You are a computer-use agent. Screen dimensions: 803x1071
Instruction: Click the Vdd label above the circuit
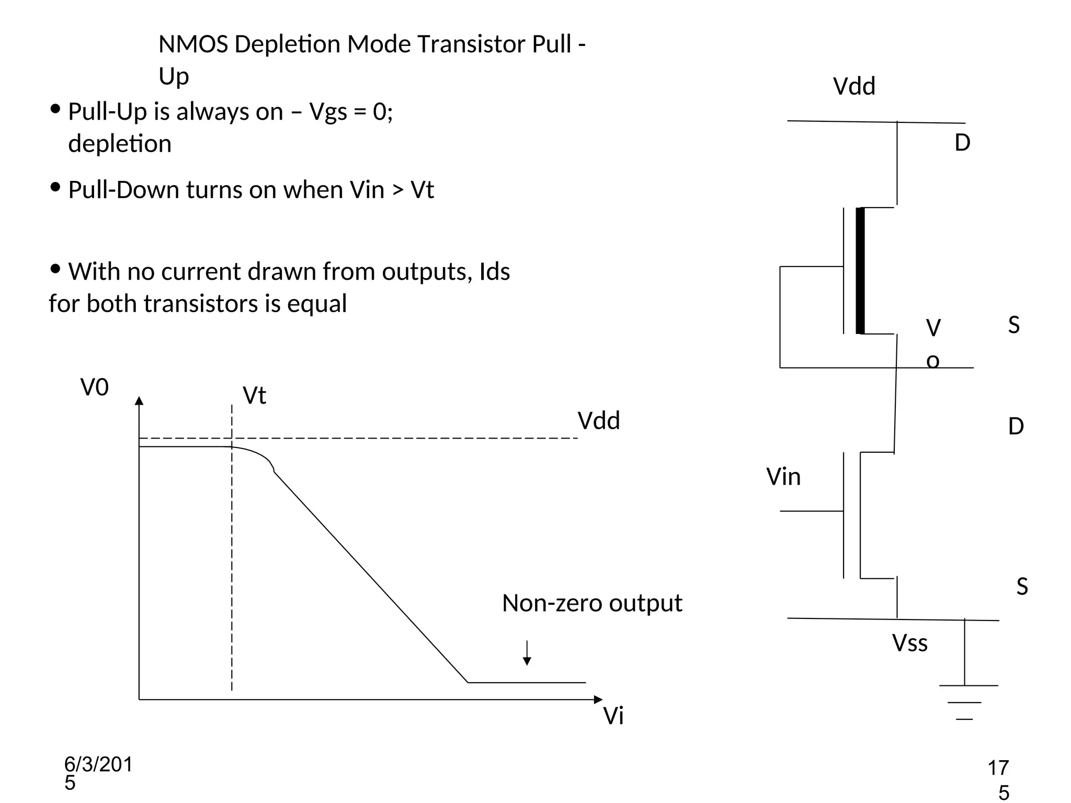click(x=853, y=86)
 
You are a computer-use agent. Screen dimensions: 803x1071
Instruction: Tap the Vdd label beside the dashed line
click(x=598, y=421)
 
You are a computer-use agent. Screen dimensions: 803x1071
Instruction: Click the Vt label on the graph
click(x=254, y=396)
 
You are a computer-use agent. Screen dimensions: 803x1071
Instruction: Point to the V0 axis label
click(x=95, y=388)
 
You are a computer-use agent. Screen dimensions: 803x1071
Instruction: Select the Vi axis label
click(x=613, y=716)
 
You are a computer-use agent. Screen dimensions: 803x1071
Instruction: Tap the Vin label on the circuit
click(x=783, y=477)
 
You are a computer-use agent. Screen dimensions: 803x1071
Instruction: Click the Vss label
click(x=909, y=643)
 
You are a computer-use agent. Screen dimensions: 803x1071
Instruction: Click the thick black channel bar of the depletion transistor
click(x=860, y=270)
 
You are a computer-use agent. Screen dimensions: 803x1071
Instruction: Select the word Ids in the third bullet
click(x=494, y=272)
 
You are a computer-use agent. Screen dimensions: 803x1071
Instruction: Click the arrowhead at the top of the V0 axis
click(x=139, y=401)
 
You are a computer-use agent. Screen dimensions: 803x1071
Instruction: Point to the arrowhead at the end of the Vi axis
click(x=598, y=699)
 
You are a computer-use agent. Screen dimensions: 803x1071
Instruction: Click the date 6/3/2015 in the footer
click(x=98, y=773)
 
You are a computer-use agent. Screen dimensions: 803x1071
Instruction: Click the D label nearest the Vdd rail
click(x=962, y=143)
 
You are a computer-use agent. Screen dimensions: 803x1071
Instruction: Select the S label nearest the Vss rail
click(x=1022, y=587)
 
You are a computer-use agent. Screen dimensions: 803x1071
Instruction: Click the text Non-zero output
click(x=591, y=603)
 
